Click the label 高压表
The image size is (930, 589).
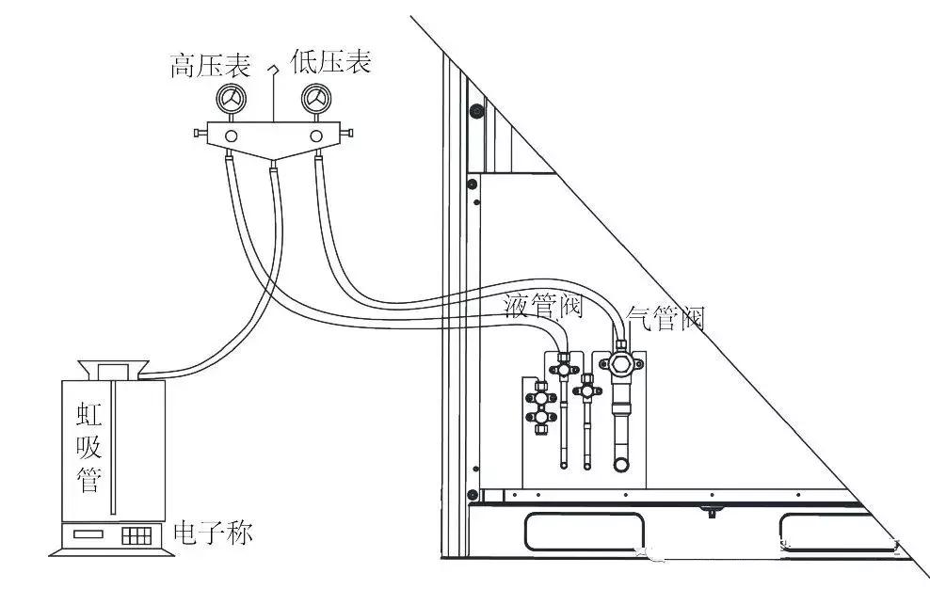coord(210,64)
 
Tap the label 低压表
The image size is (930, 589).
coord(330,62)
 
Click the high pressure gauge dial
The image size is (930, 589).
coord(231,99)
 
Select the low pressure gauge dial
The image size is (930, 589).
coord(316,99)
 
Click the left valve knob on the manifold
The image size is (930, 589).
coord(200,134)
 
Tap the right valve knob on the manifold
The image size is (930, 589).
coord(346,133)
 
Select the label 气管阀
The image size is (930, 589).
coord(665,318)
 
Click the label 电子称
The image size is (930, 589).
coord(213,532)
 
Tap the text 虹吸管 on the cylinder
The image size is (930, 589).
coord(89,447)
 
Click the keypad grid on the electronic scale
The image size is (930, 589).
coord(136,535)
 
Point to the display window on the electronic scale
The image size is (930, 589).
coord(88,533)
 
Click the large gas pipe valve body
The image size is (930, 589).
coord(620,363)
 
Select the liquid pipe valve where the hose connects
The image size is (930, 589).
coord(563,368)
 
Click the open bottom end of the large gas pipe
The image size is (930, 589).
coord(621,465)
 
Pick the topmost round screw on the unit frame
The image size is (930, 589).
coord(475,110)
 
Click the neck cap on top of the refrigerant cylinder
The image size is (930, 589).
coord(113,370)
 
